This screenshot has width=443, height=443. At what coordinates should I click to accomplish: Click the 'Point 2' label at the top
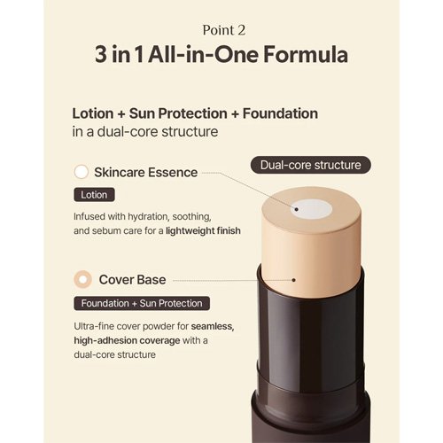pos(224,30)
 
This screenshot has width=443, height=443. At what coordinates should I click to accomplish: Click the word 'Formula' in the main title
pos(306,55)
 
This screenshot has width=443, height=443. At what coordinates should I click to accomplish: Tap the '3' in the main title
pos(101,55)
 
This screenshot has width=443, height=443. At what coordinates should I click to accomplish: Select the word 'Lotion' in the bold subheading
pos(93,113)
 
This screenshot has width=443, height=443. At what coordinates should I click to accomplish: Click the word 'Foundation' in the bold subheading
pos(280,113)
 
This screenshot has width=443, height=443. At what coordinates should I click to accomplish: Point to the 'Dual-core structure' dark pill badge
pos(311,165)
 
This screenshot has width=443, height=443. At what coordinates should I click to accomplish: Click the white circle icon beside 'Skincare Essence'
pos(82,172)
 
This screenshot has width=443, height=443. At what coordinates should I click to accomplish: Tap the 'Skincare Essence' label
pos(146,173)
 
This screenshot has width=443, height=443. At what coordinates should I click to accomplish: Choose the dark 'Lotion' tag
pos(94,195)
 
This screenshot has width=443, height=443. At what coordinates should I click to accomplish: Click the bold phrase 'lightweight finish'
pos(203,230)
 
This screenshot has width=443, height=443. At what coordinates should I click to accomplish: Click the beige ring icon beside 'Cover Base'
pos(83,279)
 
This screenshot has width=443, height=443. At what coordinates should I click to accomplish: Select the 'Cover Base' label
pos(132,280)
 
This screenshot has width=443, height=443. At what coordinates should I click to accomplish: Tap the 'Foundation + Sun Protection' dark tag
pos(142,303)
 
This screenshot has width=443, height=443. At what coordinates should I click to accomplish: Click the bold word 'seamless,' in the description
pos(213,326)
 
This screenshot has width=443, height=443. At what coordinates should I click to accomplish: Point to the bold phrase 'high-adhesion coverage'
pos(127,340)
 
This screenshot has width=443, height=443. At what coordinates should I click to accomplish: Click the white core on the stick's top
pos(311,209)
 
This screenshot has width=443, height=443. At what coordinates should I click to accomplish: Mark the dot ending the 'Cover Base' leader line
pos(293,280)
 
